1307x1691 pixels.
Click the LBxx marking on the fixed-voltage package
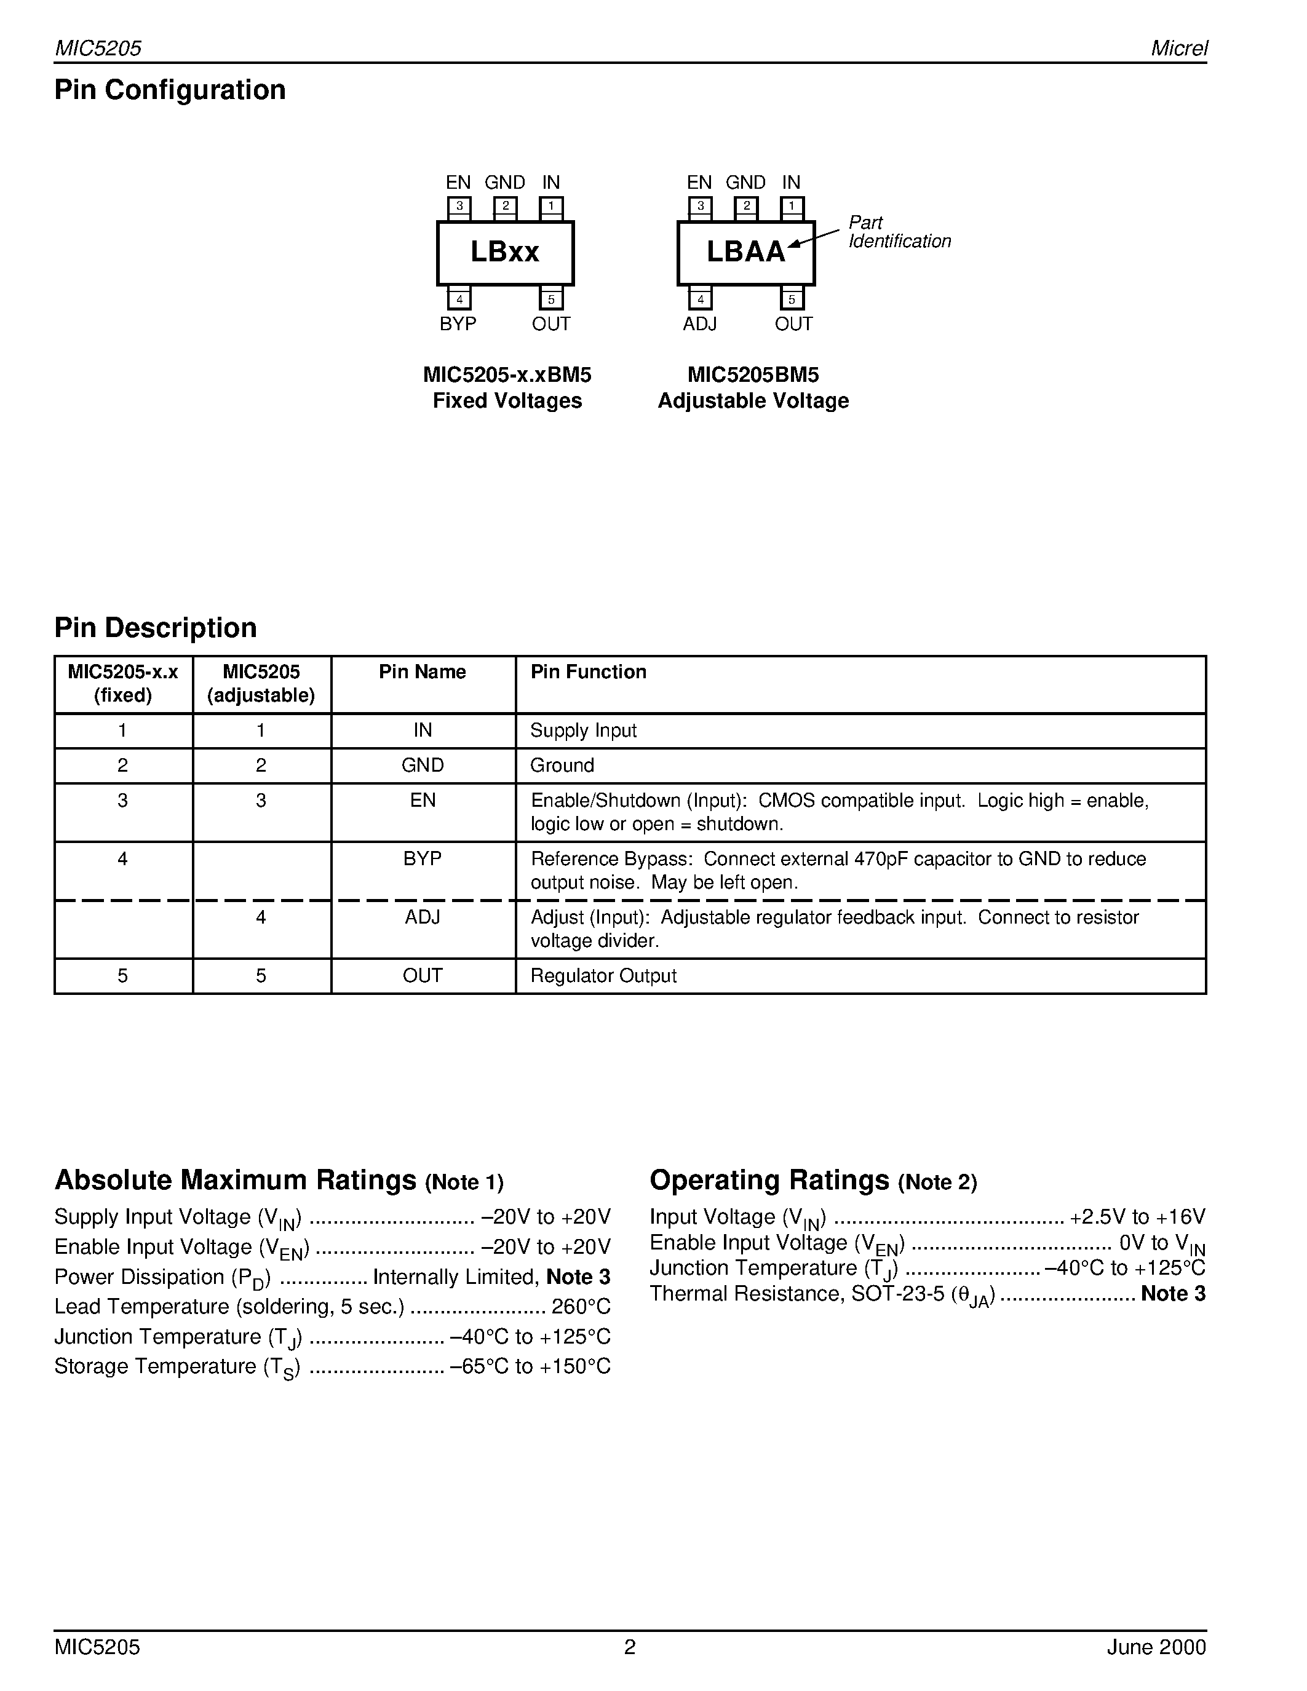pyautogui.click(x=505, y=252)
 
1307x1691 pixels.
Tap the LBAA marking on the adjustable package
pyautogui.click(x=745, y=252)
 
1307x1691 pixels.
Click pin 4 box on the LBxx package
pyautogui.click(x=459, y=299)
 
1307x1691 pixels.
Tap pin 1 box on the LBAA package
pyautogui.click(x=792, y=207)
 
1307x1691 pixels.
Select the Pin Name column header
pyautogui.click(x=422, y=672)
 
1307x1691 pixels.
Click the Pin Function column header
pyautogui.click(x=587, y=672)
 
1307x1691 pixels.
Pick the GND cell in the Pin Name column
pyautogui.click(x=422, y=766)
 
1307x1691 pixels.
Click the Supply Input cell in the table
pyautogui.click(x=583, y=731)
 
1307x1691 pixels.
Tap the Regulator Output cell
pyautogui.click(x=603, y=976)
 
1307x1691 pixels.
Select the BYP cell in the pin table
pyautogui.click(x=422, y=860)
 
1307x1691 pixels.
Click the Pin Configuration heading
pyautogui.click(x=170, y=90)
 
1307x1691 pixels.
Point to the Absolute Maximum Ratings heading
pyautogui.click(x=236, y=1181)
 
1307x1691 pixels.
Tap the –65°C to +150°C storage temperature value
pyautogui.click(x=530, y=1366)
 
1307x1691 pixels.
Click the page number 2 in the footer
pyautogui.click(x=629, y=1647)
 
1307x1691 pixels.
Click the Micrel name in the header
pyautogui.click(x=1178, y=49)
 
